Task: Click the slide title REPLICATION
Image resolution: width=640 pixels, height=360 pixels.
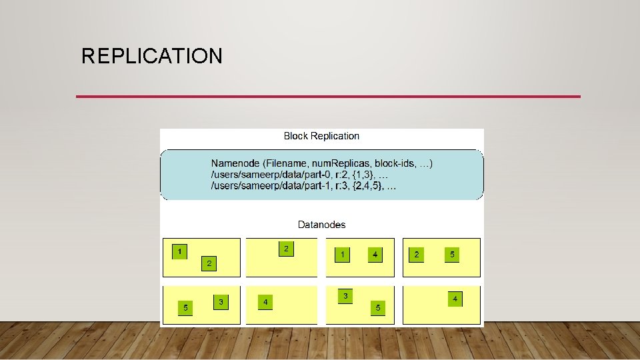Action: [152, 56]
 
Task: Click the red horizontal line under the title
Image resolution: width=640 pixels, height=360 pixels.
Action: [328, 97]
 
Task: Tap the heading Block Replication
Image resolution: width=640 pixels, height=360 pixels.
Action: [321, 136]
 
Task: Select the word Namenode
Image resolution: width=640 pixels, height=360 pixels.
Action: [234, 163]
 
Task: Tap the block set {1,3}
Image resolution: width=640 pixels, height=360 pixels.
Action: [369, 175]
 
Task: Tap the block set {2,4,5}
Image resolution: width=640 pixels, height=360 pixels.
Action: [373, 186]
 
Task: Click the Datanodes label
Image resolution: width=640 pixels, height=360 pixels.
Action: [321, 225]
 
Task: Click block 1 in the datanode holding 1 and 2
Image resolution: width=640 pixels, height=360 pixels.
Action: [179, 251]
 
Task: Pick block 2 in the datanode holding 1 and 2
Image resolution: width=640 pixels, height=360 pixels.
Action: [209, 264]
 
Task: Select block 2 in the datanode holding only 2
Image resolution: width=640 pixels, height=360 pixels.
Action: [286, 249]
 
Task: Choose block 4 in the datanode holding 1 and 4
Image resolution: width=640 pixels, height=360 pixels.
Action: [375, 255]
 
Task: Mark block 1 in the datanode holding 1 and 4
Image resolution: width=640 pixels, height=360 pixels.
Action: [342, 255]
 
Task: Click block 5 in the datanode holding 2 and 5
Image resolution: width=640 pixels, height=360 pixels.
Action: [452, 255]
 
